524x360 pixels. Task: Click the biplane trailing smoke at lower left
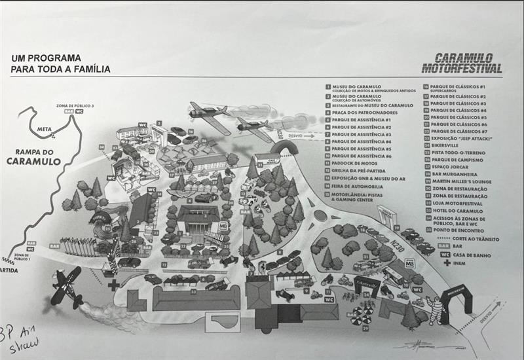(x=67, y=287)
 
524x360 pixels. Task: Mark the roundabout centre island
(x=322, y=215)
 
